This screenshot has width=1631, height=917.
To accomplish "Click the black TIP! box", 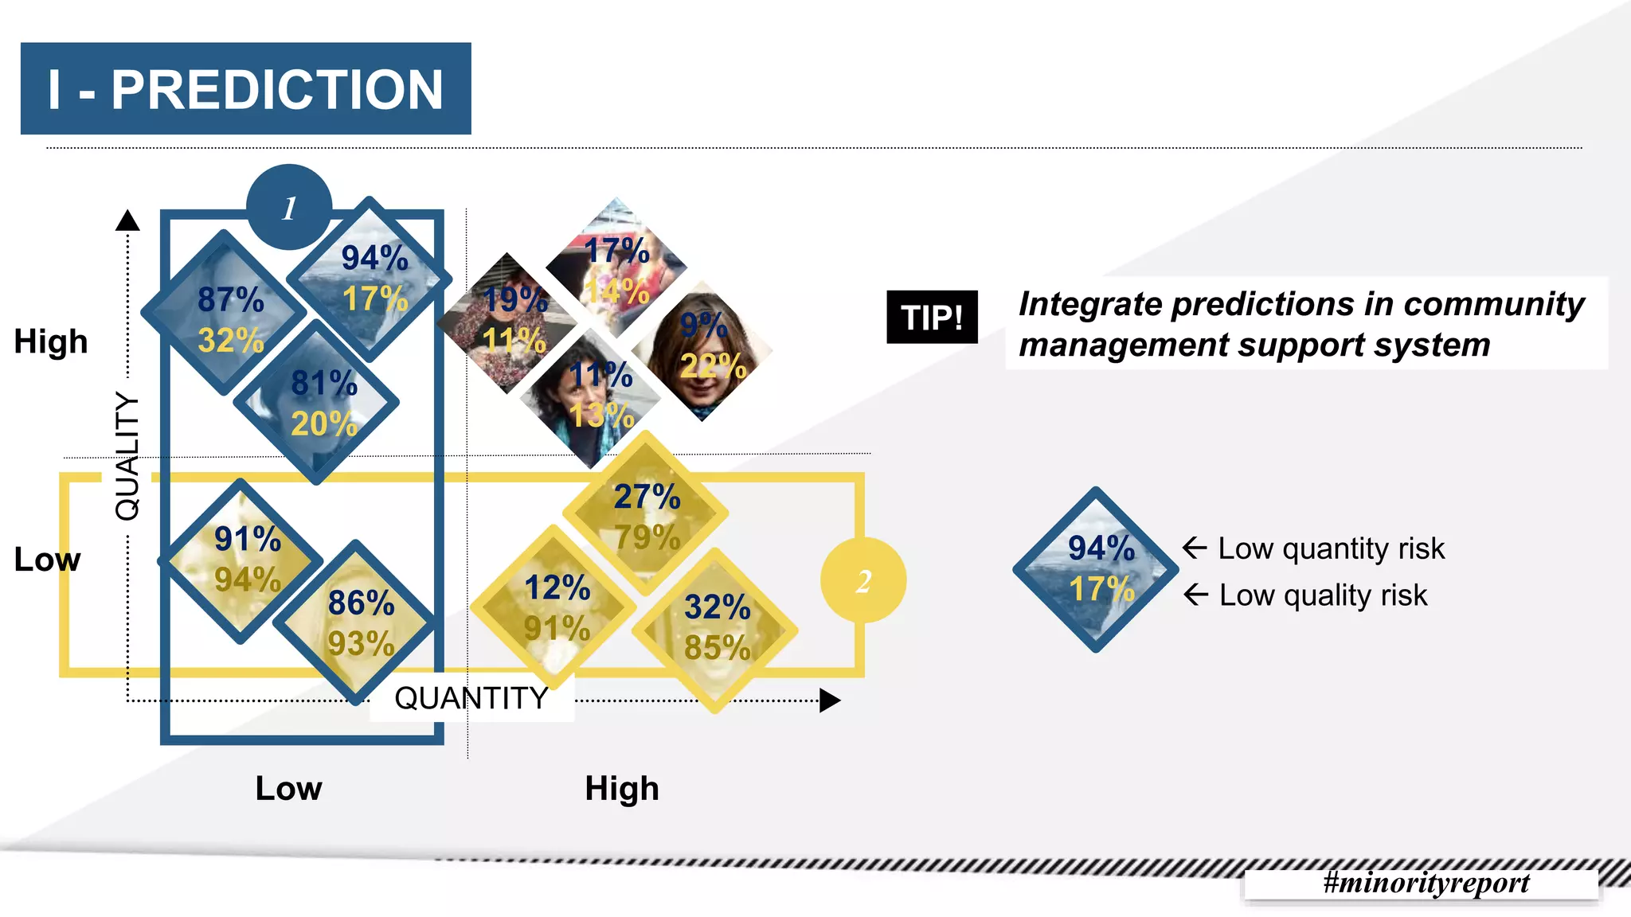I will (x=932, y=317).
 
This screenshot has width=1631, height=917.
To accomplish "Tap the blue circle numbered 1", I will (x=289, y=207).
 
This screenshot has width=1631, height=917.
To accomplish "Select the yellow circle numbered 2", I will (x=863, y=580).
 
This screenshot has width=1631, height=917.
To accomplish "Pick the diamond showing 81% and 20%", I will (x=318, y=403).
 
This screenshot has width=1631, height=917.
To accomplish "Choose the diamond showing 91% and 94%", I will (x=242, y=560).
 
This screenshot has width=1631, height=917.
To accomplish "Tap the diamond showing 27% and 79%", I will (x=646, y=513).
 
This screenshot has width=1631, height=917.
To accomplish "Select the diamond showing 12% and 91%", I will (x=554, y=607).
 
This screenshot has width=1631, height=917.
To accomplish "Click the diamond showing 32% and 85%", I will (x=715, y=629).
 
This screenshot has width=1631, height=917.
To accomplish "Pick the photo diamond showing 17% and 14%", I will (x=616, y=266).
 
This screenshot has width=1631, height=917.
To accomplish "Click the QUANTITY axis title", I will (x=471, y=698).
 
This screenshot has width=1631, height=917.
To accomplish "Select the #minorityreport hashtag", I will (x=1426, y=882).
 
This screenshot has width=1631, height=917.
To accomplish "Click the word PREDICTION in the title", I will (x=276, y=89).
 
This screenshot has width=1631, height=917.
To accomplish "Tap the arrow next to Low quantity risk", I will (x=1195, y=548).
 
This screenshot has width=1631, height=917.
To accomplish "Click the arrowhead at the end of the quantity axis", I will (x=830, y=700).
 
